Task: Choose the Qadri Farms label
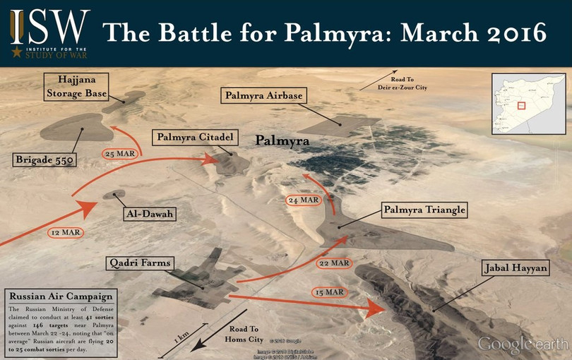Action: [140, 264]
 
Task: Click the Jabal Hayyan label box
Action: [514, 268]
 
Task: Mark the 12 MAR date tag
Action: [65, 232]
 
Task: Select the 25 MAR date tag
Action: [119, 153]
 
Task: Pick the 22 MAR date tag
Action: [334, 263]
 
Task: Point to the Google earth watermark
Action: [523, 344]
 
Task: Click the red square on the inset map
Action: [522, 106]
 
